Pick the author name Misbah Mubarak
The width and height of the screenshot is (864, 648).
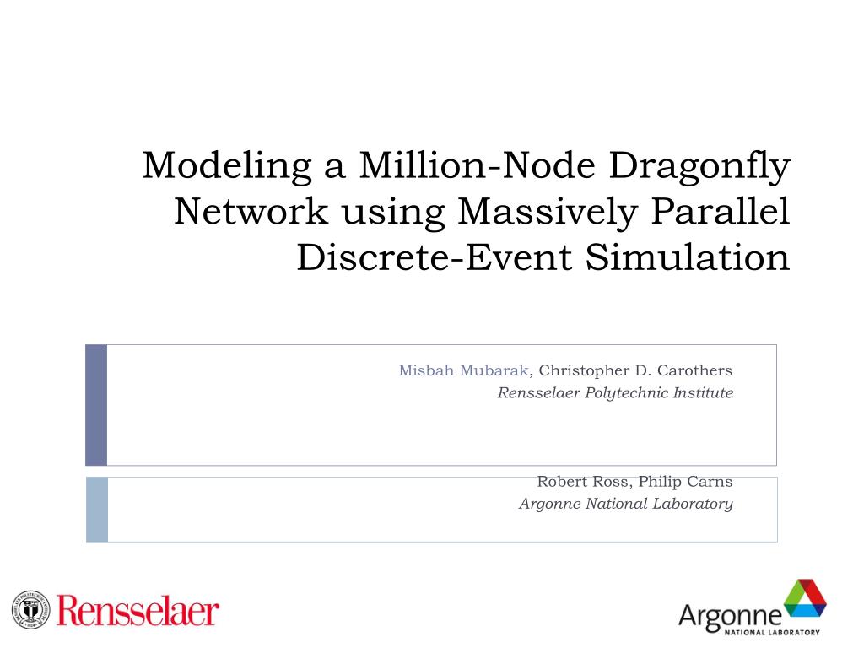[x=463, y=370]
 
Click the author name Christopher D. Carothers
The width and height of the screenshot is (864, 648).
[x=635, y=370]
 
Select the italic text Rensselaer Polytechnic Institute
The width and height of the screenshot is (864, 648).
[x=615, y=392]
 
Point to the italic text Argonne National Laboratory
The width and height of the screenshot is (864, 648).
[x=625, y=504]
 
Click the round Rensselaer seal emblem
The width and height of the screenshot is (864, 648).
[x=31, y=610]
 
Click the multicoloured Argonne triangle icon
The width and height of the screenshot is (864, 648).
[x=805, y=600]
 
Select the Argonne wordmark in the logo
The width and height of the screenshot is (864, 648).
[x=730, y=616]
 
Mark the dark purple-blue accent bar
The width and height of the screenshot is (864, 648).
[x=96, y=404]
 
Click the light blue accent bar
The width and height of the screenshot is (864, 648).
[x=97, y=509]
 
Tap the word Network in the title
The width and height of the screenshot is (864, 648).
[x=251, y=212]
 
